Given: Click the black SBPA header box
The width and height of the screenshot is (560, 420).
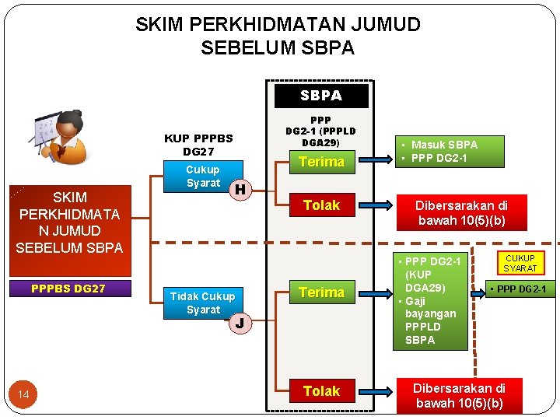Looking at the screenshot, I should click(x=321, y=95).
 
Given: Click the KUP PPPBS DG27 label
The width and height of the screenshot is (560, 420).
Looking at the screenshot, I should click(x=198, y=145).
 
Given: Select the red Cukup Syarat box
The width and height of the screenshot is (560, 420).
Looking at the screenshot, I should click(x=203, y=177).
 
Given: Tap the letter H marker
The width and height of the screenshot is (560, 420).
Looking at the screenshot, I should click(x=241, y=189).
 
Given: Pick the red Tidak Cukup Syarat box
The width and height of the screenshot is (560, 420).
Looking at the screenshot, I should click(x=203, y=303).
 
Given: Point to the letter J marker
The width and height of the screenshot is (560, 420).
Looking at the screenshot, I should click(x=241, y=322).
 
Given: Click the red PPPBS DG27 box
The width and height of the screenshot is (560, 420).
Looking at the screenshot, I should click(x=68, y=289).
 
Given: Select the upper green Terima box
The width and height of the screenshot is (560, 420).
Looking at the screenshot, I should click(x=321, y=162).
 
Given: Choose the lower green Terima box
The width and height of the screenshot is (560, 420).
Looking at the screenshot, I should click(x=321, y=292).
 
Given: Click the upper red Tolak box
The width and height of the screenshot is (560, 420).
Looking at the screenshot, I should click(x=321, y=205).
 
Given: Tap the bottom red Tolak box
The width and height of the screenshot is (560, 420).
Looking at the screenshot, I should click(x=321, y=391).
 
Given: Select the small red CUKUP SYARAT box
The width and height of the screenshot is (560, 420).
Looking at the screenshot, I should click(x=520, y=263).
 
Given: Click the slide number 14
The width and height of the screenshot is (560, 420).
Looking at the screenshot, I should click(x=24, y=396).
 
